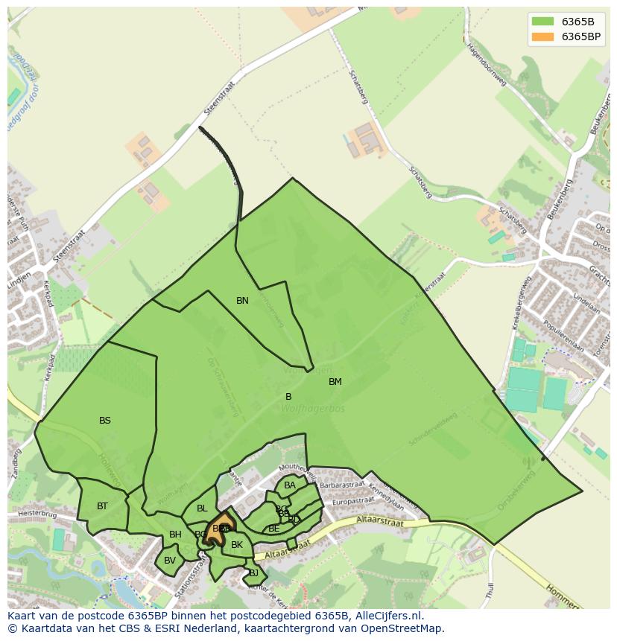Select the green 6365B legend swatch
(x=543, y=22)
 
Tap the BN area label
(x=242, y=301)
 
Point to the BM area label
(x=335, y=382)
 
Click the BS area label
(x=105, y=421)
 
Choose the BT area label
(x=102, y=506)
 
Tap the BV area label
(x=170, y=561)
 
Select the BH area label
(x=175, y=535)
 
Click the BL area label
(x=202, y=508)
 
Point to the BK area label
(x=237, y=545)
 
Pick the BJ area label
(x=253, y=573)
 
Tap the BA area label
(x=290, y=485)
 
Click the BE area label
(x=274, y=529)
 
